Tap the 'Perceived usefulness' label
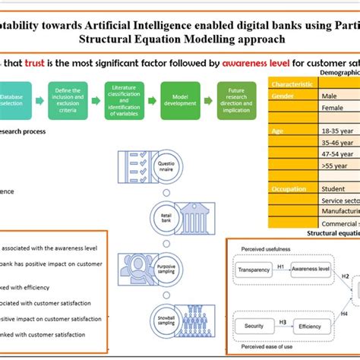262,248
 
